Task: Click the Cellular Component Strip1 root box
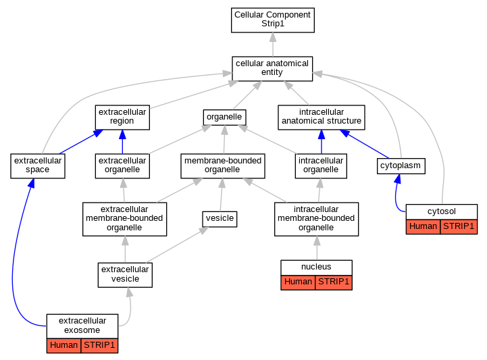point(273,20)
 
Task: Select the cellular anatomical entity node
point(272,69)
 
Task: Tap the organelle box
point(224,118)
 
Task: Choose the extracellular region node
point(122,118)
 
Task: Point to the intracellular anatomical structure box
point(322,118)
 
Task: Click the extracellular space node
point(38,166)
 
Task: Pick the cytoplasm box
point(401,166)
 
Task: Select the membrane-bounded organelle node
point(223,166)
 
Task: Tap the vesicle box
point(220,220)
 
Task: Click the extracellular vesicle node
point(125,275)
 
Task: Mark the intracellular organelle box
point(321,166)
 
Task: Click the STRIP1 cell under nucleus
point(334,282)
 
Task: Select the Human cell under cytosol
point(423,227)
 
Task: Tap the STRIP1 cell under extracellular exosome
point(99,346)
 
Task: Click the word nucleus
point(316,267)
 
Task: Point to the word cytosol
point(441,211)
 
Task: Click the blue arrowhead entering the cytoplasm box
point(398,178)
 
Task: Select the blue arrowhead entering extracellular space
point(31,183)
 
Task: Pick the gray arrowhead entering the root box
point(273,37)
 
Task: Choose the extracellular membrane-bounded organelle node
point(124,220)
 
